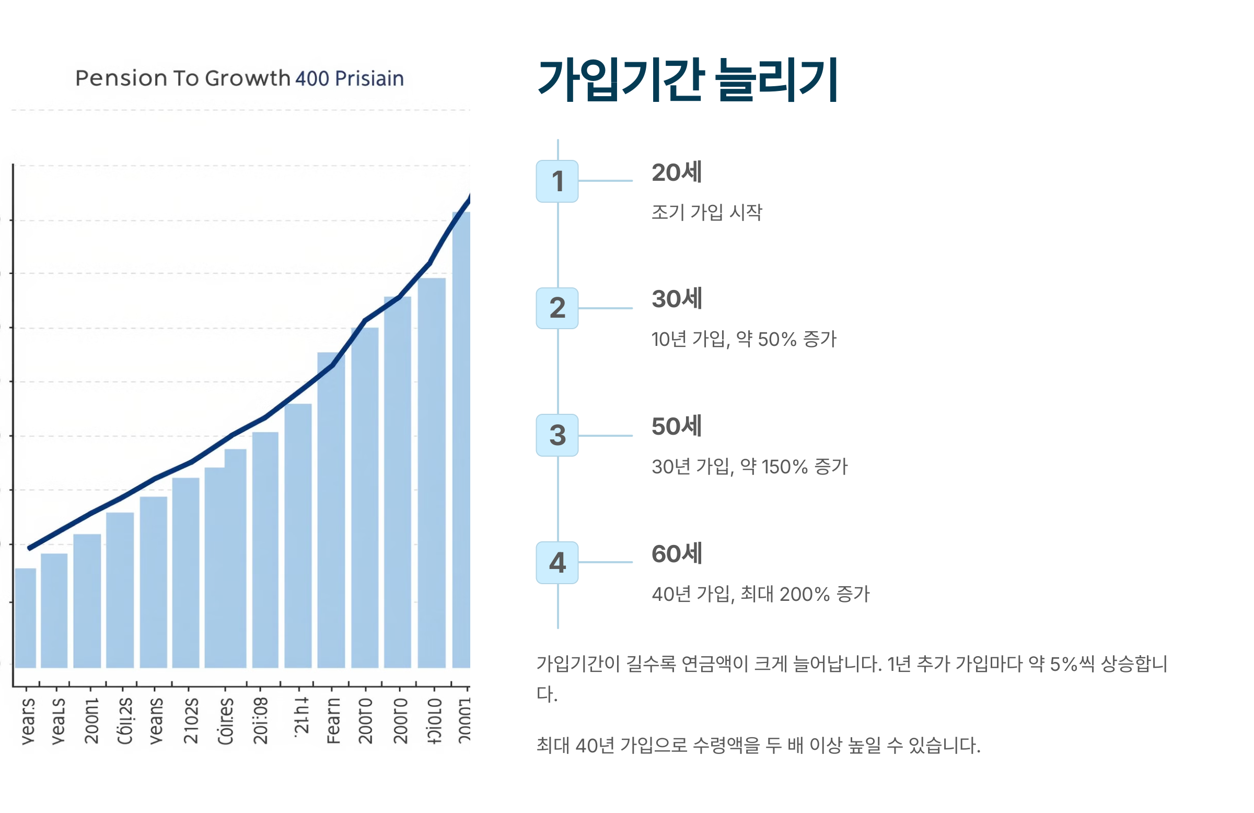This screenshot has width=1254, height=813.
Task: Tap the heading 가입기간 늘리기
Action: tap(687, 80)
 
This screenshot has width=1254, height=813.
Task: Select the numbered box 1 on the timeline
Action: tap(557, 181)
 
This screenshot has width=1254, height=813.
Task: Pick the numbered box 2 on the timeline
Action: tap(557, 308)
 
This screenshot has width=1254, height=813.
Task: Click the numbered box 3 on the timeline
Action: tap(557, 435)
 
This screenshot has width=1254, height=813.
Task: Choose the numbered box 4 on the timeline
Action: tap(557, 563)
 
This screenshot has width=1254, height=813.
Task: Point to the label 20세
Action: tap(677, 173)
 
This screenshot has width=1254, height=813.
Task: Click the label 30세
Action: tap(677, 299)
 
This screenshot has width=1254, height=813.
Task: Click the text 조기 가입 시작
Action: tap(706, 212)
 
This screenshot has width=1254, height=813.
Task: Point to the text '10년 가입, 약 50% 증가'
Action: tap(744, 339)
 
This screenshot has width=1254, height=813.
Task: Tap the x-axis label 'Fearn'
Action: tap(333, 721)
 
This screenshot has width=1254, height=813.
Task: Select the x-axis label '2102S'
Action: tap(191, 721)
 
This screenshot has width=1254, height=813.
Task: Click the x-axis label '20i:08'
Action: tap(261, 721)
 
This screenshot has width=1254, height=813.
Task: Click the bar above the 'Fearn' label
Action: tap(331, 511)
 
